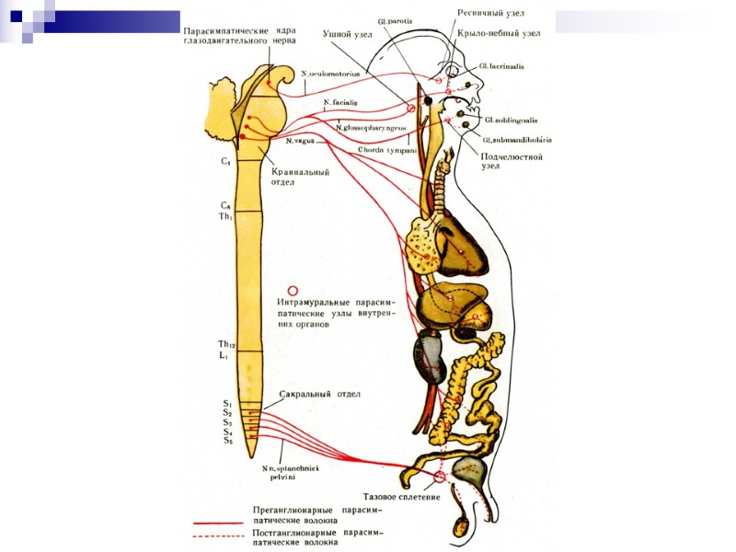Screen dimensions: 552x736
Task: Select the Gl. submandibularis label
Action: (514, 139)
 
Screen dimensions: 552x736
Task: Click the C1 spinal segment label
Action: (225, 161)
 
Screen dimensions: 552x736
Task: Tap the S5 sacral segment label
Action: (227, 441)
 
